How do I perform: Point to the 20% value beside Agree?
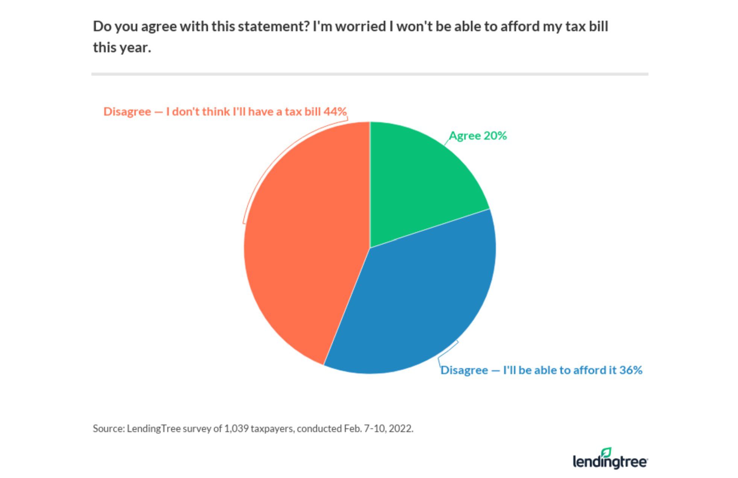point(495,135)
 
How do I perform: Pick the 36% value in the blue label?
point(631,370)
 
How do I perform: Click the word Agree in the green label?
point(465,135)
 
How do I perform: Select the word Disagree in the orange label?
point(127,111)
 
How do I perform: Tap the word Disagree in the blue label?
point(464,370)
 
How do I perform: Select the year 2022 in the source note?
point(401,428)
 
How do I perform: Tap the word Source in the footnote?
point(108,428)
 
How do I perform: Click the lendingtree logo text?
point(609,462)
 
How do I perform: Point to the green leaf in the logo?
point(606,452)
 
